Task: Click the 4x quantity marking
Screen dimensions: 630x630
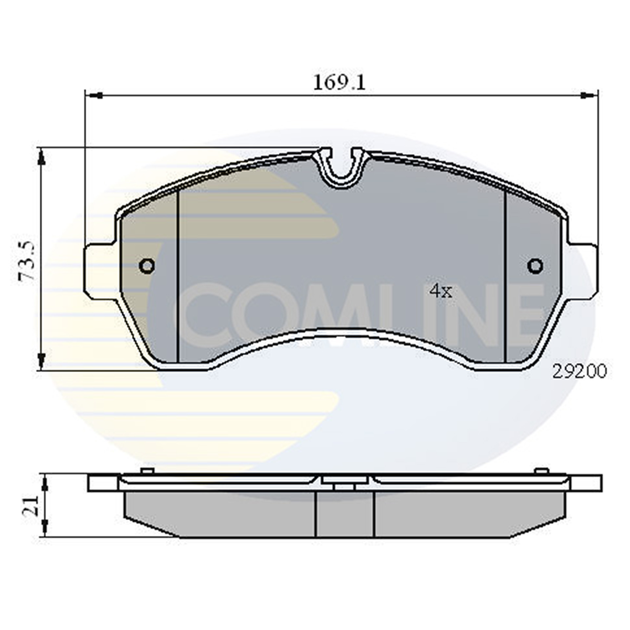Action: coord(441,291)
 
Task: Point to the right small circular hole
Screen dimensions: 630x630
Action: coord(535,265)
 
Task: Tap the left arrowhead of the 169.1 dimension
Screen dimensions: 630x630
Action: coord(95,95)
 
